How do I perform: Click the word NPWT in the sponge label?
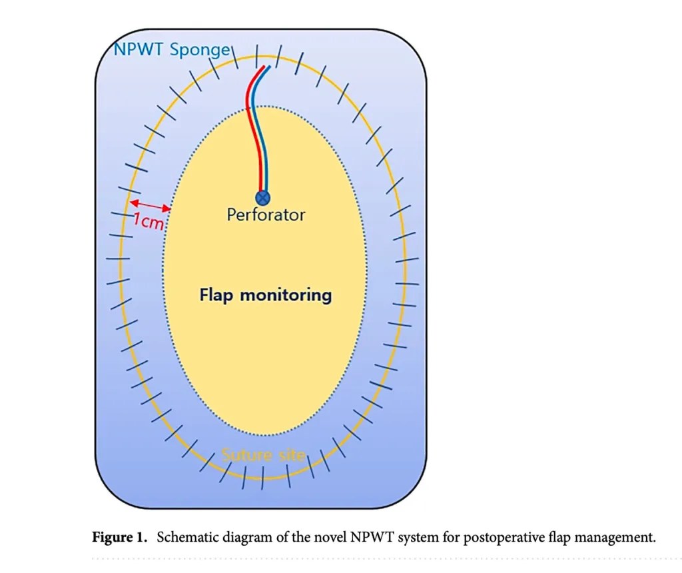click(138, 49)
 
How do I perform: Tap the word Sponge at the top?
click(200, 51)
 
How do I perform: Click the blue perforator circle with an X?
click(262, 198)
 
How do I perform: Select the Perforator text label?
click(266, 215)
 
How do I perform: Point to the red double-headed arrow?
click(150, 206)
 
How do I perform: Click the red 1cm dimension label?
click(149, 221)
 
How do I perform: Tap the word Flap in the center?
click(216, 295)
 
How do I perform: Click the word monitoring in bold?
click(286, 295)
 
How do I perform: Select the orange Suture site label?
click(264, 455)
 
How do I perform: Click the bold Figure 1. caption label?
click(120, 538)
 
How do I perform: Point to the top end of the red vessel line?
click(264, 67)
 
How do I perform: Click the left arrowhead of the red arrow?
click(133, 203)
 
